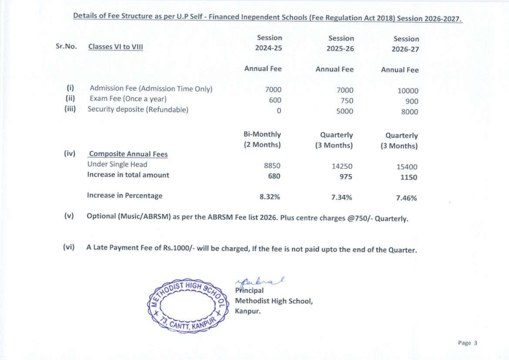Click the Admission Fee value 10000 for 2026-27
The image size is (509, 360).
click(408, 91)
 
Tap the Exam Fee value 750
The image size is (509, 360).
click(345, 101)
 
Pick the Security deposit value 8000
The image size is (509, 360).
click(409, 112)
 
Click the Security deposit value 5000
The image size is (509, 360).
click(345, 111)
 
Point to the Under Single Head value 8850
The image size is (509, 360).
click(272, 166)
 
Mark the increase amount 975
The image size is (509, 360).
click(346, 177)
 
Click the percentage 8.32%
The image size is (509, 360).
click(270, 197)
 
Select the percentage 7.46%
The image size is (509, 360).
click(406, 198)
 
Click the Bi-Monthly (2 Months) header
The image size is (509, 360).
click(262, 139)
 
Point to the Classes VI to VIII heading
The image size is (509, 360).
click(115, 47)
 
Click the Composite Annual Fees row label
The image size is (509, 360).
click(128, 154)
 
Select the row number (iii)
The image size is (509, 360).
click(70, 109)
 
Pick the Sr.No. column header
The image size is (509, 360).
click(66, 46)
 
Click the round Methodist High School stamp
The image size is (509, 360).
click(188, 306)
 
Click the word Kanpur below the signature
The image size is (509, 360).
click(248, 311)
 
